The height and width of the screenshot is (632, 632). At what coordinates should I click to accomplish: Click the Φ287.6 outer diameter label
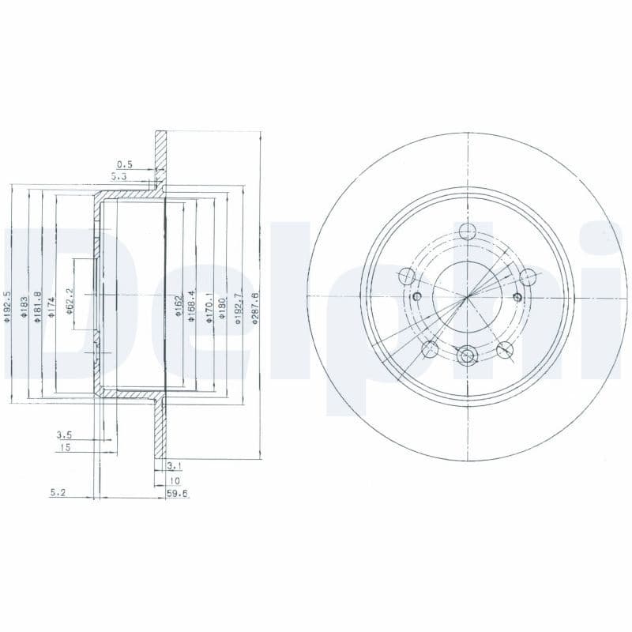pyautogui.click(x=254, y=304)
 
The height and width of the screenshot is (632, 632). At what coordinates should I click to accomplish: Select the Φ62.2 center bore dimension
pyautogui.click(x=70, y=301)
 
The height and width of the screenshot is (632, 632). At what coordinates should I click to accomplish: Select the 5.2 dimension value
pyautogui.click(x=57, y=491)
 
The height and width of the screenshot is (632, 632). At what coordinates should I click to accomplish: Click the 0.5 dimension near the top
pyautogui.click(x=124, y=164)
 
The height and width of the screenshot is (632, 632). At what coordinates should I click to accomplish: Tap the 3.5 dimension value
pyautogui.click(x=64, y=434)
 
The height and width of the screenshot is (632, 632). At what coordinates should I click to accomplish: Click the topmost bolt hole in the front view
pyautogui.click(x=468, y=231)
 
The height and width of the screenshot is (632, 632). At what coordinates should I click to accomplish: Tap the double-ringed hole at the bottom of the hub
pyautogui.click(x=468, y=356)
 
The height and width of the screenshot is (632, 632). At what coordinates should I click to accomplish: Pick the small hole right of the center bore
pyautogui.click(x=517, y=296)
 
